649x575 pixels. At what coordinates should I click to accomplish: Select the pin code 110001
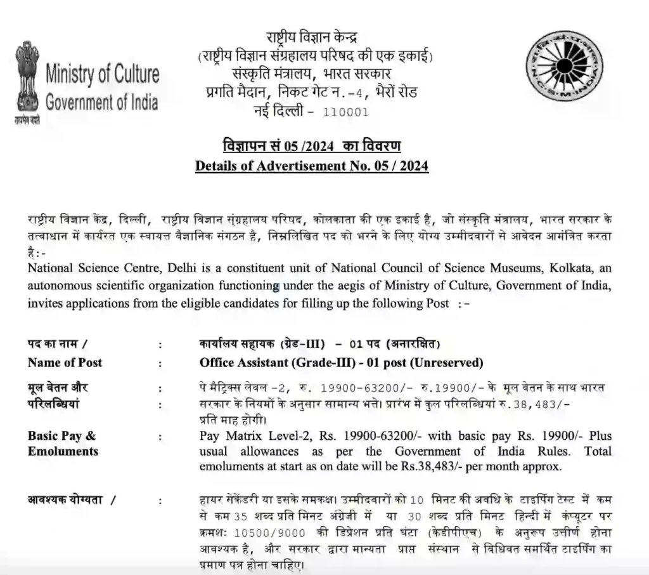345,112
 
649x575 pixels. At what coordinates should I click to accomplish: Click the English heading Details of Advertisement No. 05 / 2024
312,166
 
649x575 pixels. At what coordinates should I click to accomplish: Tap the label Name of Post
65,362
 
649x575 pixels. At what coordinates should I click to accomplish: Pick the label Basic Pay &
61,436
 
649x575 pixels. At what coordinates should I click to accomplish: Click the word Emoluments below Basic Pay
63,451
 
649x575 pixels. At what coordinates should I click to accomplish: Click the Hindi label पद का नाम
56,344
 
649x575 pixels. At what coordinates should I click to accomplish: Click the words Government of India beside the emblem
101,102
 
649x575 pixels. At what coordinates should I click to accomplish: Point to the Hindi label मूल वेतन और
58,388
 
